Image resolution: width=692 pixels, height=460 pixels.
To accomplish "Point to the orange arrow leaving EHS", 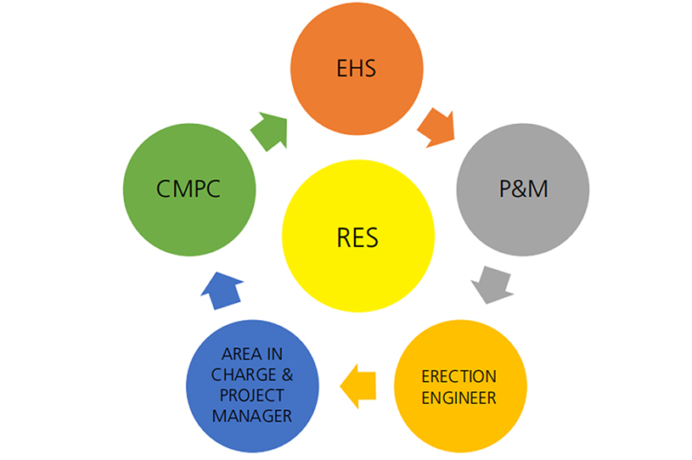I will [436, 125].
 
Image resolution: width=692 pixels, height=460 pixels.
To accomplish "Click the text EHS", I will [357, 69].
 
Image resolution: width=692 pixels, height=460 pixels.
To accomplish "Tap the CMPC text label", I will [188, 188].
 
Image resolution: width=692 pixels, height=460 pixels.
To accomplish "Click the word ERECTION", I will [459, 376].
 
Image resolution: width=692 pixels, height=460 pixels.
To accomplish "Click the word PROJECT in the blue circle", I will [252, 396].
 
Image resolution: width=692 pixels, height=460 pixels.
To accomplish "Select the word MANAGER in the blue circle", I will [252, 416].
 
